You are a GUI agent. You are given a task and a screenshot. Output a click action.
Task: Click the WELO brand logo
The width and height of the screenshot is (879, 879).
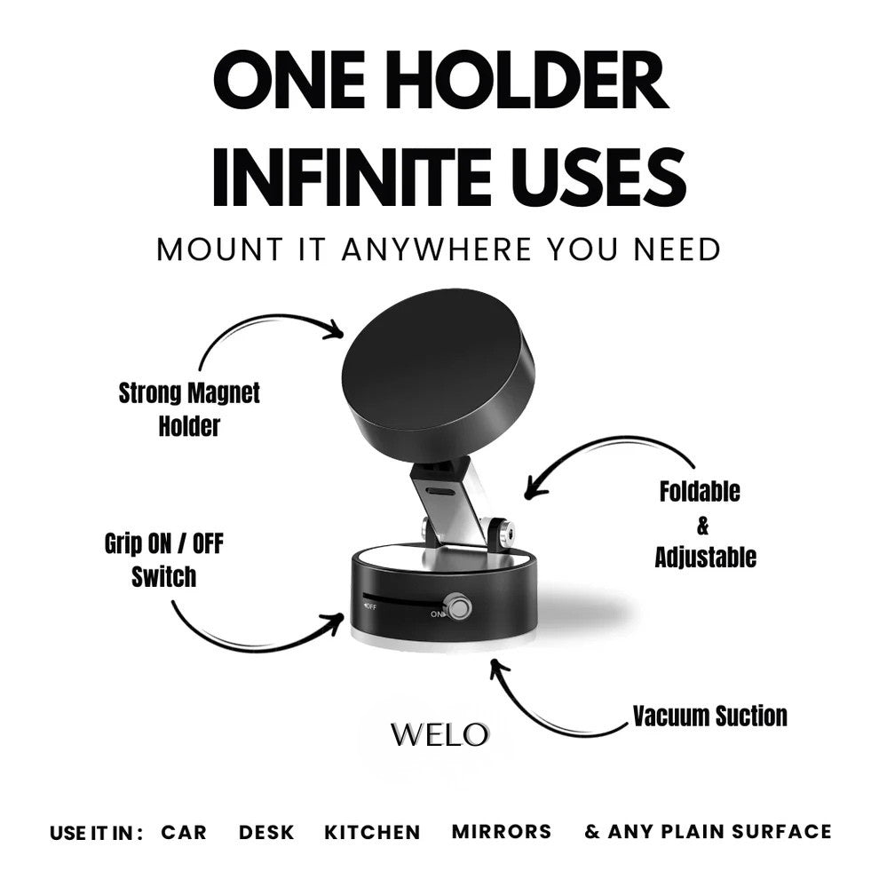(439, 734)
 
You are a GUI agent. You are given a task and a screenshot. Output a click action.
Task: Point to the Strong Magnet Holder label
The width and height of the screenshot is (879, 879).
(189, 408)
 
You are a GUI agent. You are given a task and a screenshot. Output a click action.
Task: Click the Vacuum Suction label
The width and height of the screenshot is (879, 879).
(709, 716)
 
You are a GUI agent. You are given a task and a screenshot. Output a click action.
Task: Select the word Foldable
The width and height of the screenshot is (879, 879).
(700, 492)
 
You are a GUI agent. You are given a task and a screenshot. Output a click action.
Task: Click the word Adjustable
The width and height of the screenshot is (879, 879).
(705, 558)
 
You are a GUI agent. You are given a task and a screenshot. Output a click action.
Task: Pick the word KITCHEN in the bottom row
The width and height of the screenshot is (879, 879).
(372, 832)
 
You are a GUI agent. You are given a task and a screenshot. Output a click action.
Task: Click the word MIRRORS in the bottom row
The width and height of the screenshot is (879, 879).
(502, 832)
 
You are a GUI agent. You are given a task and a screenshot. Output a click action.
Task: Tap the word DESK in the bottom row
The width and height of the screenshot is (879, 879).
(266, 832)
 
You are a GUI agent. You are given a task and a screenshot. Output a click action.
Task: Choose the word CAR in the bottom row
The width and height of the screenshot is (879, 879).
(184, 832)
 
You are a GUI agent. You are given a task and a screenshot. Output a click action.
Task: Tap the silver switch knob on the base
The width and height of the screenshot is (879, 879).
(458, 608)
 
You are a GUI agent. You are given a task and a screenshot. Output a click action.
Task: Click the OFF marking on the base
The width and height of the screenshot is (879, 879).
(369, 607)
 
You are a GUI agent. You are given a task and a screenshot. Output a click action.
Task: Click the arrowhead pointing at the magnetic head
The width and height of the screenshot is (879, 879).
(336, 330)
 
